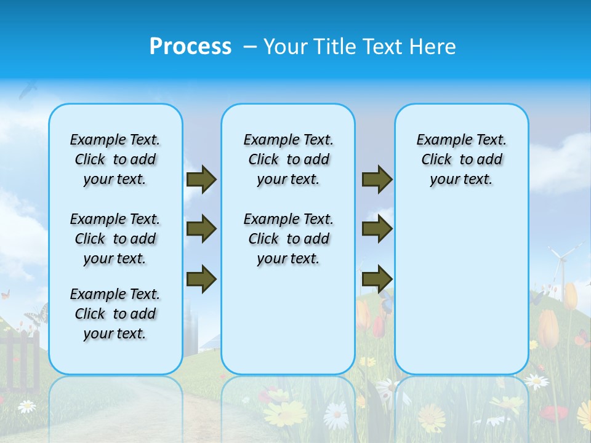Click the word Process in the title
[x=190, y=46]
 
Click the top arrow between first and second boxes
[x=201, y=180]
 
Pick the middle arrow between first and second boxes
[x=201, y=229]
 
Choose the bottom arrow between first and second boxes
[x=201, y=279]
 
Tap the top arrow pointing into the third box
[x=377, y=180]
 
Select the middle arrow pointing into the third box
[x=377, y=229]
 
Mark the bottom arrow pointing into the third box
[x=377, y=279]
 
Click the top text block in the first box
[x=115, y=159]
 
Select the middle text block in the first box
[x=115, y=239]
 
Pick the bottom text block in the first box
[x=115, y=314]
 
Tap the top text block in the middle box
[x=288, y=159]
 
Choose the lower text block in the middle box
[x=288, y=239]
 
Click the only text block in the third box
[x=461, y=159]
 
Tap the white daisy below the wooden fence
[x=26, y=406]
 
